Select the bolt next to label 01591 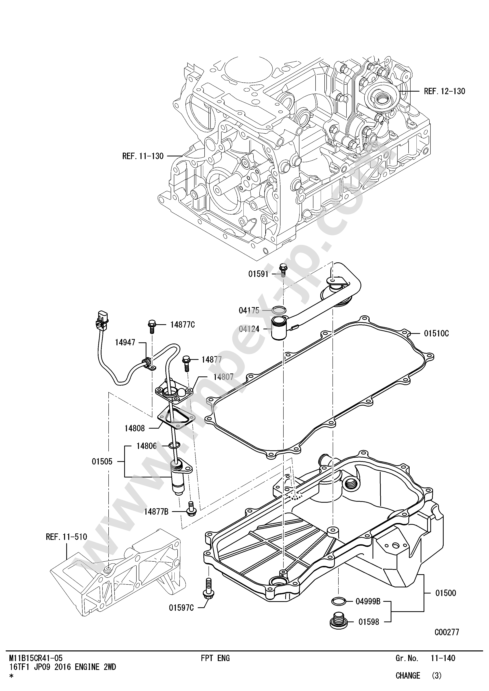[x=283, y=270]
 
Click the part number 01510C [x=436, y=333]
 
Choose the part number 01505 [x=102, y=461]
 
